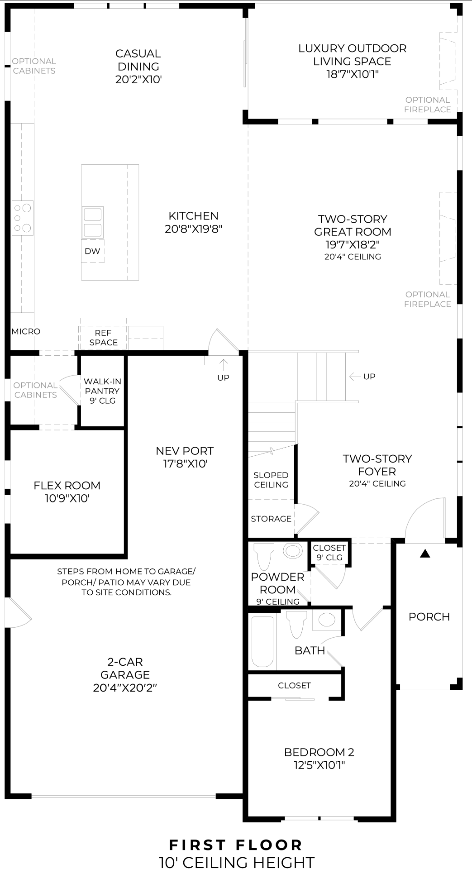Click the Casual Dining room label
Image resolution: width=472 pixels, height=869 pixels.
138,60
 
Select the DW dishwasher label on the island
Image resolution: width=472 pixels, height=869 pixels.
92,251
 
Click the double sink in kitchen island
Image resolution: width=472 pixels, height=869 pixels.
92,222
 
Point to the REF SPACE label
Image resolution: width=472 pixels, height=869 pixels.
103,338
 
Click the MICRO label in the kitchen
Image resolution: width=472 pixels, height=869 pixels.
26,331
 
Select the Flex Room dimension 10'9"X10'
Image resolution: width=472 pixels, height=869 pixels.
67,498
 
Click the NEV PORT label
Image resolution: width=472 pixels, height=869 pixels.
185,451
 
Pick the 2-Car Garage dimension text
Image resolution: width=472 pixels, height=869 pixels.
125,688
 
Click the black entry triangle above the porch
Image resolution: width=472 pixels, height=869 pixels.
424,553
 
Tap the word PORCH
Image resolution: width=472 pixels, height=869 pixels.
429,616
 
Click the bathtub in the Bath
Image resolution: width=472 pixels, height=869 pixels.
262,641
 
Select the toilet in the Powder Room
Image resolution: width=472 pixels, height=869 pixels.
265,556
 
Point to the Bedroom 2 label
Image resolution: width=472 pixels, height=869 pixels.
319,752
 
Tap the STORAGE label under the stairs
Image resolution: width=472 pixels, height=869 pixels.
271,519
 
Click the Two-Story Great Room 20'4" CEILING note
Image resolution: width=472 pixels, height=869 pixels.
353,257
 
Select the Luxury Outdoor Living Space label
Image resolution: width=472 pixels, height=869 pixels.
352,55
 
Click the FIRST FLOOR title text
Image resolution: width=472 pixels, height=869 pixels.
236,845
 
